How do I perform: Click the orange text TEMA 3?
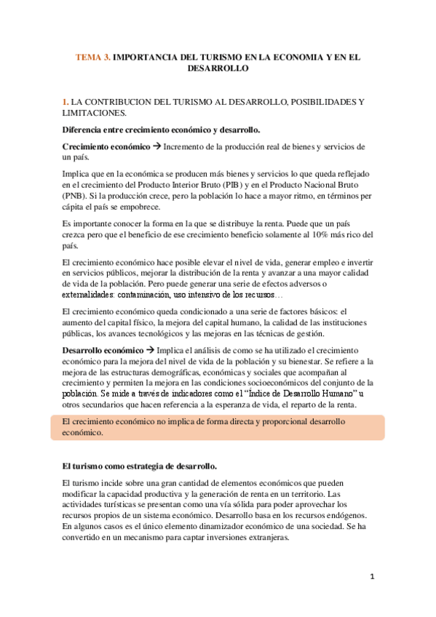click(95, 55)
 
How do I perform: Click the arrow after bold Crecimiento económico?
click(156, 146)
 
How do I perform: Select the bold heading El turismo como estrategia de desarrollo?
click(140, 465)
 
